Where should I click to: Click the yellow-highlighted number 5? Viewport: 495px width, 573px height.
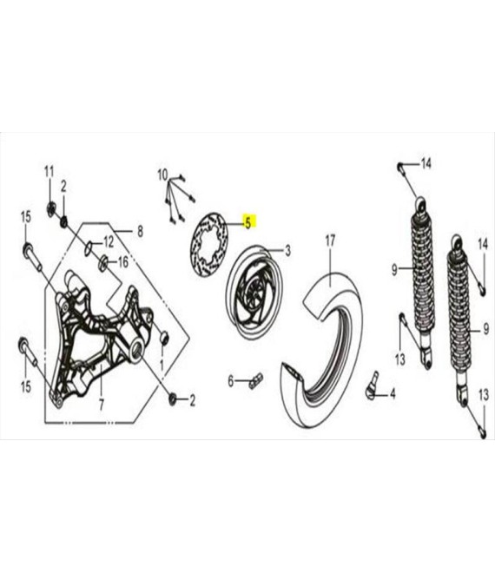coord(248,222)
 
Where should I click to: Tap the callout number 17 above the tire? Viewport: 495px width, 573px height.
coord(330,240)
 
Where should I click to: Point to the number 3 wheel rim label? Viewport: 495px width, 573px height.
coord(287,251)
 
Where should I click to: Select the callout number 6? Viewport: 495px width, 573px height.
coord(231,381)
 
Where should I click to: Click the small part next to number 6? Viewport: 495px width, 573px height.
coord(255,380)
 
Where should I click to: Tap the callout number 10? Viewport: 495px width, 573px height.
coord(162,175)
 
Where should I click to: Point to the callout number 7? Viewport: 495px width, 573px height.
coord(102,405)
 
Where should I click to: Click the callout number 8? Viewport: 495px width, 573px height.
coord(140,231)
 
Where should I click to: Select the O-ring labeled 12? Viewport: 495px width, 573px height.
coord(89,247)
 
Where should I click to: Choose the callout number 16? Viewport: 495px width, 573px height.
coord(122,261)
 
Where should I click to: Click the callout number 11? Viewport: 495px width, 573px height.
coord(49,172)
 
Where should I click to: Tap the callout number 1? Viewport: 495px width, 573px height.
coord(162,365)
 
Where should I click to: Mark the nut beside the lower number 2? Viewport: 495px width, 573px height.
coord(172,398)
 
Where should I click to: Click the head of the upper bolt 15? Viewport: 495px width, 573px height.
coord(28,249)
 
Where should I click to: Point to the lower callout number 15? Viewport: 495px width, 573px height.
coord(25,386)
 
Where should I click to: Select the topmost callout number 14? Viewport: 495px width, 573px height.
coord(426,163)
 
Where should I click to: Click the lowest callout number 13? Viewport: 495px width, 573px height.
coord(484,395)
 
